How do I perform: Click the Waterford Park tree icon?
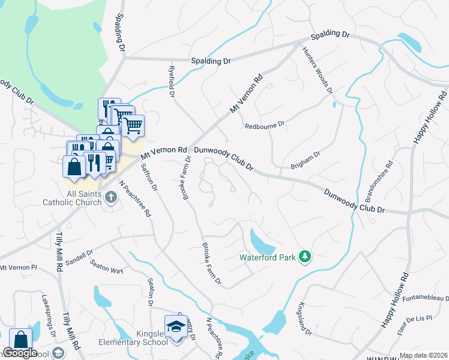(x=306, y=257)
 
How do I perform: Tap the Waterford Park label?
(x=268, y=257)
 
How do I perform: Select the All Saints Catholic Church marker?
(x=110, y=197)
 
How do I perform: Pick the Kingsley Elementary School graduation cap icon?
(x=176, y=326)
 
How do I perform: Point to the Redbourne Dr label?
(x=265, y=126)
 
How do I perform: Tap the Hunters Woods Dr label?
(x=318, y=70)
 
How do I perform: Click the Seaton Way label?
(x=106, y=266)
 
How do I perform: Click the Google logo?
(x=20, y=353)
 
